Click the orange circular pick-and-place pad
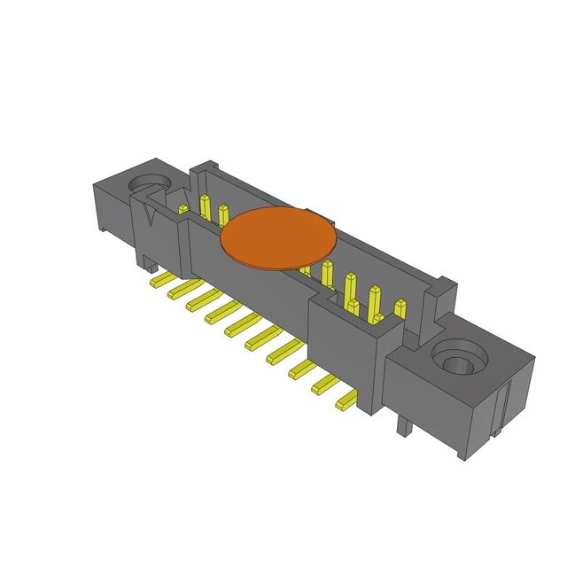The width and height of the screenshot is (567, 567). [278, 237]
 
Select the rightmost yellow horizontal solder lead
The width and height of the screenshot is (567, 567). [345, 403]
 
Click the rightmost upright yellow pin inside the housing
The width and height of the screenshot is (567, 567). [400, 309]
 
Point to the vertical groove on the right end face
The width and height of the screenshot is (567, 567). [504, 408]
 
